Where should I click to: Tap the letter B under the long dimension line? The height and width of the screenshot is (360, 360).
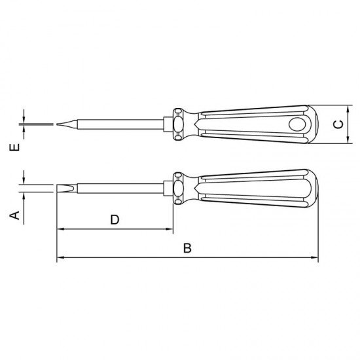(187, 248)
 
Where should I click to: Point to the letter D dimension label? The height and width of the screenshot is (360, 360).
(114, 220)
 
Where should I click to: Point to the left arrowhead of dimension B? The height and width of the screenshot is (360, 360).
(60, 258)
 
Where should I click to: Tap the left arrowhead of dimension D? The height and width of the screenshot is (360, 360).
(60, 229)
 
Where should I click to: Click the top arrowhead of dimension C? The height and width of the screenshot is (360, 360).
(347, 109)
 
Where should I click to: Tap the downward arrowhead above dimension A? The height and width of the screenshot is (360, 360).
(24, 181)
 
